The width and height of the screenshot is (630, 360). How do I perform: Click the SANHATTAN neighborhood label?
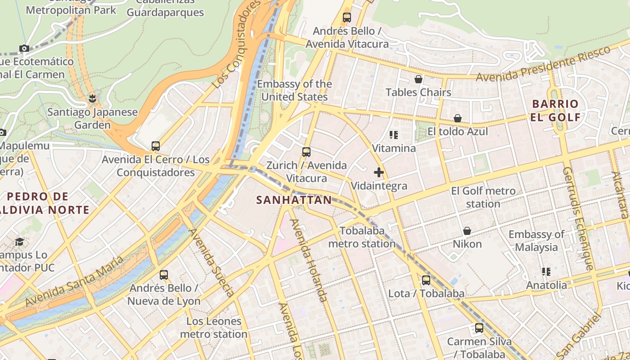(294, 200)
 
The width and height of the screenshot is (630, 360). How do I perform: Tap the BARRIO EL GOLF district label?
(555, 111)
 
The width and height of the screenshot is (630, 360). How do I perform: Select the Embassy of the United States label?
(294, 90)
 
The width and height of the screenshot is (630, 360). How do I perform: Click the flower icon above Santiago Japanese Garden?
(93, 98)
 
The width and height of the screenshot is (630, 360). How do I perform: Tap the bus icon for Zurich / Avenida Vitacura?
(306, 152)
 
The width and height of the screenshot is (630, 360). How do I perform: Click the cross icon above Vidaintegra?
(379, 172)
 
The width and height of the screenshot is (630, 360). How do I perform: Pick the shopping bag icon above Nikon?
(467, 231)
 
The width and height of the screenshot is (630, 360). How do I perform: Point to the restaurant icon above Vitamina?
(394, 135)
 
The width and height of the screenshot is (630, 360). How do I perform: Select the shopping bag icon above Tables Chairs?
(418, 79)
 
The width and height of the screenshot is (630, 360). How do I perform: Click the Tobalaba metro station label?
(362, 237)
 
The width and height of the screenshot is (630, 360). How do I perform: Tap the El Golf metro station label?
(483, 198)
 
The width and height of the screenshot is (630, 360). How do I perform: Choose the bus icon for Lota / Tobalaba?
(426, 280)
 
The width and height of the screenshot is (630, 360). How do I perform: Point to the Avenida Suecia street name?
(211, 262)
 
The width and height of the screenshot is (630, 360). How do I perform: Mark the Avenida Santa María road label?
(74, 282)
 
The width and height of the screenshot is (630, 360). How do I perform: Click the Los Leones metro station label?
(214, 328)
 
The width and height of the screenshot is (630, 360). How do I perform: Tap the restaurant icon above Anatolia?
(546, 272)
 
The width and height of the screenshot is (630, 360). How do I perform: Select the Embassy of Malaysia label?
(536, 241)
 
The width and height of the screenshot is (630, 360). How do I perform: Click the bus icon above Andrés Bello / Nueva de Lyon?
(164, 274)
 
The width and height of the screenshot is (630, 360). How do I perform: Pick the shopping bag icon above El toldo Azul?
(458, 118)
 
